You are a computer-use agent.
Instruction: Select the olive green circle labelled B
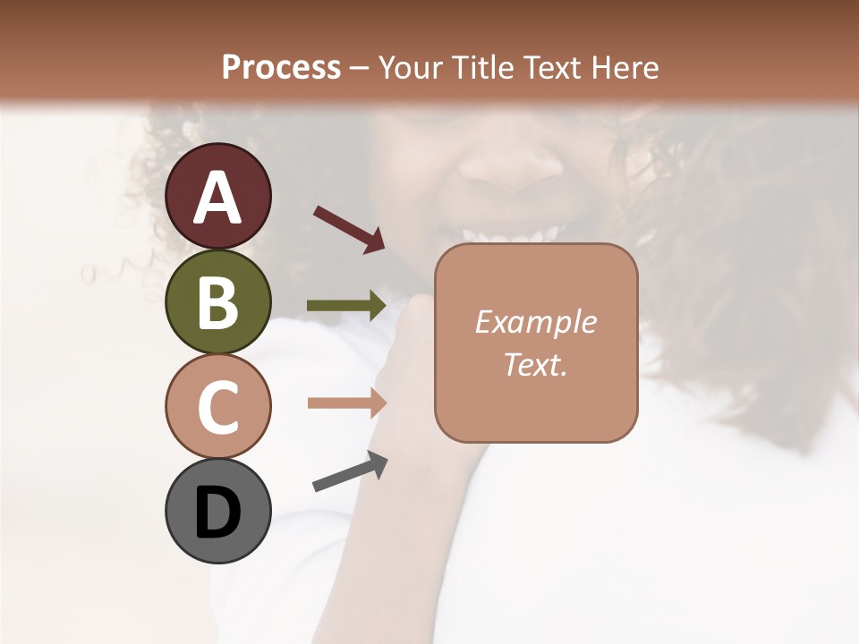[x=218, y=301]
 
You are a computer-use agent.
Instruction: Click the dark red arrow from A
[x=349, y=228]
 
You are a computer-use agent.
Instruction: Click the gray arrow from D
[x=350, y=471]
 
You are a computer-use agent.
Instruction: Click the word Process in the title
[x=281, y=67]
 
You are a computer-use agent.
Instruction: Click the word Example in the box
[x=535, y=322]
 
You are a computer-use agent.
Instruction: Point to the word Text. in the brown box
[x=535, y=364]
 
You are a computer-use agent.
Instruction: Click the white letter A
[x=218, y=199]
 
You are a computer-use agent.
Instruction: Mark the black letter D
[x=218, y=513]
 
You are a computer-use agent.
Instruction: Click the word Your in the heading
[x=411, y=67]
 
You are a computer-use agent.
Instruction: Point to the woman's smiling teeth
[x=510, y=234]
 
